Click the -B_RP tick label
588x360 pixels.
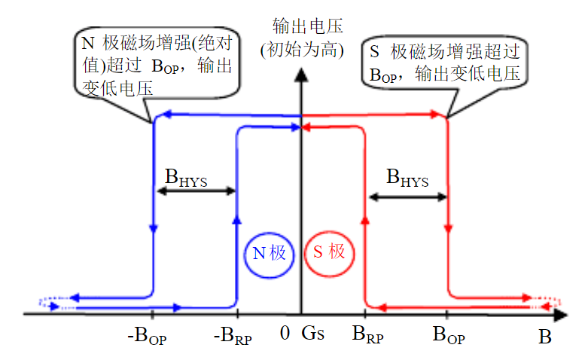pyautogui.click(x=234, y=336)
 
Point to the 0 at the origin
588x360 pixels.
pyautogui.click(x=284, y=333)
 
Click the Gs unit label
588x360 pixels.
pyautogui.click(x=312, y=333)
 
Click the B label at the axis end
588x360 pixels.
pyautogui.click(x=544, y=337)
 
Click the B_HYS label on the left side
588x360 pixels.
pyautogui.click(x=185, y=176)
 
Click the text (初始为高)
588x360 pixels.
pyautogui.click(x=302, y=51)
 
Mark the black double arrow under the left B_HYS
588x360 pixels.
pyautogui.click(x=195, y=191)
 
